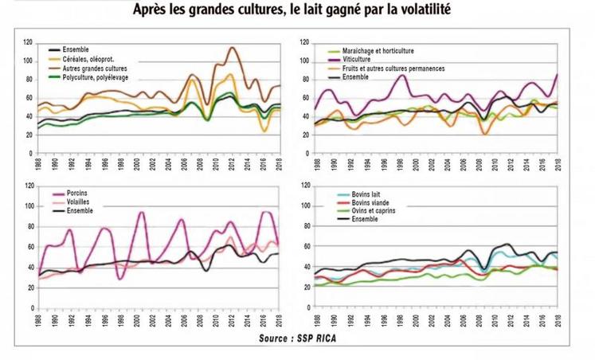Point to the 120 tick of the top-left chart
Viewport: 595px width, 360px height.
27,42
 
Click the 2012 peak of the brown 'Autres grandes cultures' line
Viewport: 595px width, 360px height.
232,48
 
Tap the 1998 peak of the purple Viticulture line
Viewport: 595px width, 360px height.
402,75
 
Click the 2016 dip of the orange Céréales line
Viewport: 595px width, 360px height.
264,131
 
